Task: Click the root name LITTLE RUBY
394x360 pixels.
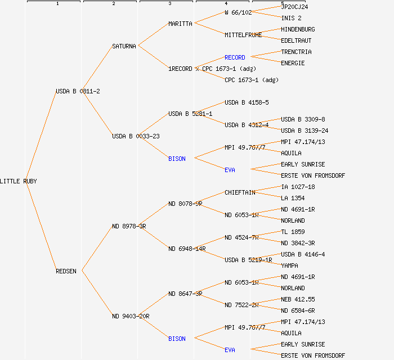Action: [19, 181]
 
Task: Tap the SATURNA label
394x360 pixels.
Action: [124, 46]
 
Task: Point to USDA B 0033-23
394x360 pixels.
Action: [136, 136]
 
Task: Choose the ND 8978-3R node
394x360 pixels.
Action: [129, 226]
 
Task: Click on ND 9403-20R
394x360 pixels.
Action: [131, 316]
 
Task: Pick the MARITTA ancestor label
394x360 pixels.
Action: [180, 24]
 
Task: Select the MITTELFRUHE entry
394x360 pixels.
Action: [243, 35]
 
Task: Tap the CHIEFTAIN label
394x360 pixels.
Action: [240, 192]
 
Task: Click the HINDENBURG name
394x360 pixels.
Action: [298, 29]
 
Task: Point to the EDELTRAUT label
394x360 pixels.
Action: [296, 40]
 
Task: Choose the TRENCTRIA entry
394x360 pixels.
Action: [296, 52]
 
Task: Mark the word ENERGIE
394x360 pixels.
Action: [293, 63]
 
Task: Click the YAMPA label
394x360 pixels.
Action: [289, 265]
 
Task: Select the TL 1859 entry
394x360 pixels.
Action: [293, 232]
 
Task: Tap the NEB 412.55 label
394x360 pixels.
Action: [298, 299]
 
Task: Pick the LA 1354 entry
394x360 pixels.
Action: [293, 198]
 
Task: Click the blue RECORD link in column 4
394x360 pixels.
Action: [235, 57]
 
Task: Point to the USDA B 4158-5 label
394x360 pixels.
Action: [247, 102]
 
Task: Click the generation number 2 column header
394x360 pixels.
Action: [113, 4]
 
